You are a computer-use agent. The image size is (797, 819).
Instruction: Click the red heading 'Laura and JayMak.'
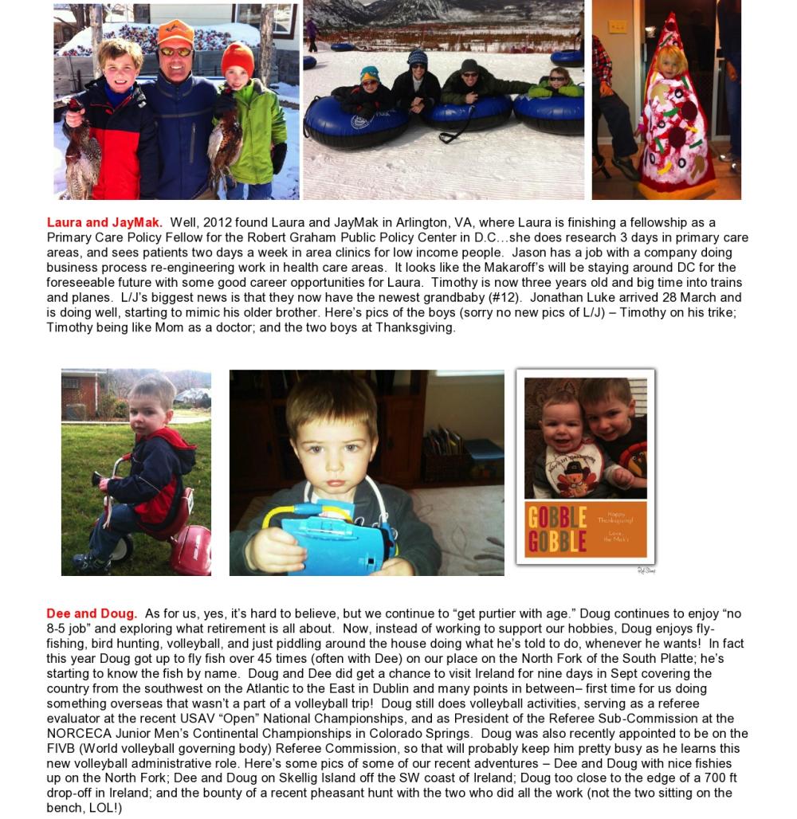tap(104, 222)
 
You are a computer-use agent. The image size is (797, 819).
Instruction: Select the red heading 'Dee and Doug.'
tap(92, 613)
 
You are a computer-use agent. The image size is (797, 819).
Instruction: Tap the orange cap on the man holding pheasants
tap(175, 33)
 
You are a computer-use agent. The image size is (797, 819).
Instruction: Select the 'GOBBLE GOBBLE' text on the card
tap(557, 528)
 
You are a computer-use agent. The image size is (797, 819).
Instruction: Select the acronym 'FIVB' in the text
tap(61, 748)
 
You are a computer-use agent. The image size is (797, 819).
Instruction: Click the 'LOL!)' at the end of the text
tap(104, 808)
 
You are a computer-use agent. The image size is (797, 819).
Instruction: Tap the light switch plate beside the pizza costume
tap(618, 25)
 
